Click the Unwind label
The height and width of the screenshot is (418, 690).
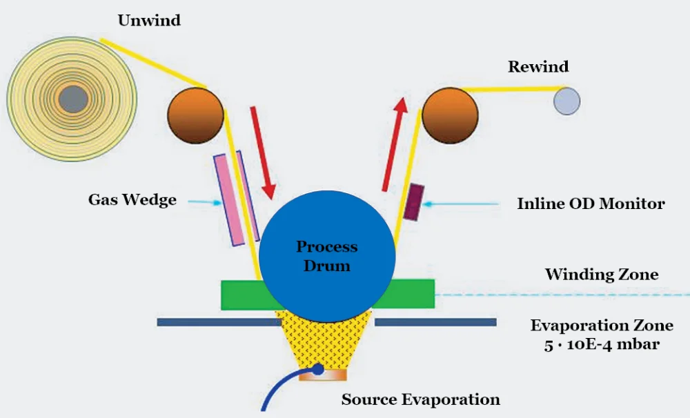point(149,20)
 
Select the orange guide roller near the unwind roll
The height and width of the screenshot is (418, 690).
point(196,114)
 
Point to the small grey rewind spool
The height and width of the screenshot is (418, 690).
point(566,101)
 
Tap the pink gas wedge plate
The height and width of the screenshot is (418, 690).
point(228,200)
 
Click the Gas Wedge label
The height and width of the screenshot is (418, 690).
point(132,200)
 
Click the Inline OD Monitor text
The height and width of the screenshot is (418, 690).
point(591,203)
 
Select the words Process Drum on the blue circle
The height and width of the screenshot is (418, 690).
point(326,256)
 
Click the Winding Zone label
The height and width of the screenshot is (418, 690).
point(601,275)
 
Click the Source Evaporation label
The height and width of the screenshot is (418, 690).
point(420,399)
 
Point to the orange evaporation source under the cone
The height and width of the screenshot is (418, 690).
point(324,375)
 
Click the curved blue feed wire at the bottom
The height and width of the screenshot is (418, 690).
point(276,390)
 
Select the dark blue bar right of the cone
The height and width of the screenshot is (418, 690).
point(435,322)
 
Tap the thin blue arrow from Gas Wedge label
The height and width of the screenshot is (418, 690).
point(202,201)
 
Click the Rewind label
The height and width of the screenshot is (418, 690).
point(538,67)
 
